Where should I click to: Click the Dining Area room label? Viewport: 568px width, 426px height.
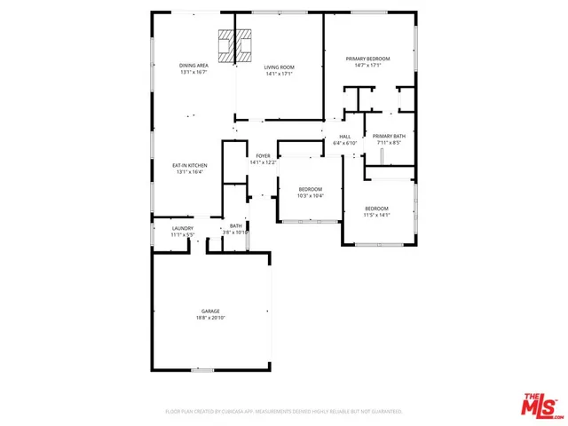coord(193,67)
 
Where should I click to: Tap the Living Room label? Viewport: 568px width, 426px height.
coord(280,67)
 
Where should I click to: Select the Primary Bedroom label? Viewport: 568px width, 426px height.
coord(367,59)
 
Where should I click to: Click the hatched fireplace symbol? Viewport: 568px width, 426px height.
coord(235,43)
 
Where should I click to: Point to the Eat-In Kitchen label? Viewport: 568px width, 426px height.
coord(189,165)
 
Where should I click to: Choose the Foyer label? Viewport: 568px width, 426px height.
coord(264,156)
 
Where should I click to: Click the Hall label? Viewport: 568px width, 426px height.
coord(344,137)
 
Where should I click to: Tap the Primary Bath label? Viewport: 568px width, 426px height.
coord(389,136)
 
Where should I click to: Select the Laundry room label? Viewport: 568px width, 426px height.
coord(182,227)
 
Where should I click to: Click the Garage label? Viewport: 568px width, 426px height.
coord(210,311)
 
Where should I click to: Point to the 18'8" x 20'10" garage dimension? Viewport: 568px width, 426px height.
coord(210,317)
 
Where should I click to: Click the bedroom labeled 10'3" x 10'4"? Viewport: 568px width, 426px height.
coord(310,189)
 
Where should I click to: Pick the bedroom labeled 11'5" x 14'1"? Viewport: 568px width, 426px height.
coord(376,209)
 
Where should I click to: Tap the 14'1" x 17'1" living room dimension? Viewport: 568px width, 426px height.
coord(280,73)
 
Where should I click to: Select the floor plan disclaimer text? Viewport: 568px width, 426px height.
coord(284,412)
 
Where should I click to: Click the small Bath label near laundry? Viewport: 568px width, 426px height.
coord(235,226)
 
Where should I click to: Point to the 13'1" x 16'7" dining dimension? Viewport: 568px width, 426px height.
coord(193,73)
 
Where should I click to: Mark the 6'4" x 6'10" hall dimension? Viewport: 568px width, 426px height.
coord(344,143)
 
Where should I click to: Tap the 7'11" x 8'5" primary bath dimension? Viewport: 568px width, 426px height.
coord(389,142)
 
